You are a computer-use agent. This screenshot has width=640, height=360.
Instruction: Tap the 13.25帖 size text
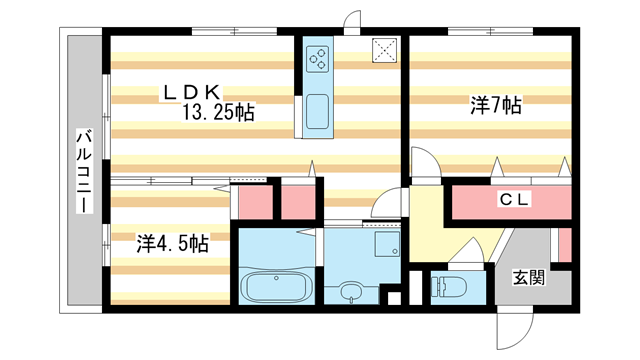pyautogui.click(x=218, y=113)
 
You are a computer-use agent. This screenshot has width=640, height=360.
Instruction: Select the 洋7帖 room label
pyautogui.click(x=497, y=104)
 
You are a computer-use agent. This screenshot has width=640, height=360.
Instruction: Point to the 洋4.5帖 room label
pyautogui.click(x=172, y=243)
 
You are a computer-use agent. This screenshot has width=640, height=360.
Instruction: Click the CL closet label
pyautogui.click(x=515, y=200)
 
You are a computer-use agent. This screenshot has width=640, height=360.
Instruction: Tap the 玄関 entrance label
pyautogui.click(x=529, y=278)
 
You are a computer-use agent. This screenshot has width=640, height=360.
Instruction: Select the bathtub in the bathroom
pyautogui.click(x=277, y=287)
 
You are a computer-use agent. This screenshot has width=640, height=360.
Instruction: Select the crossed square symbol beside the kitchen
pyautogui.click(x=384, y=51)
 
